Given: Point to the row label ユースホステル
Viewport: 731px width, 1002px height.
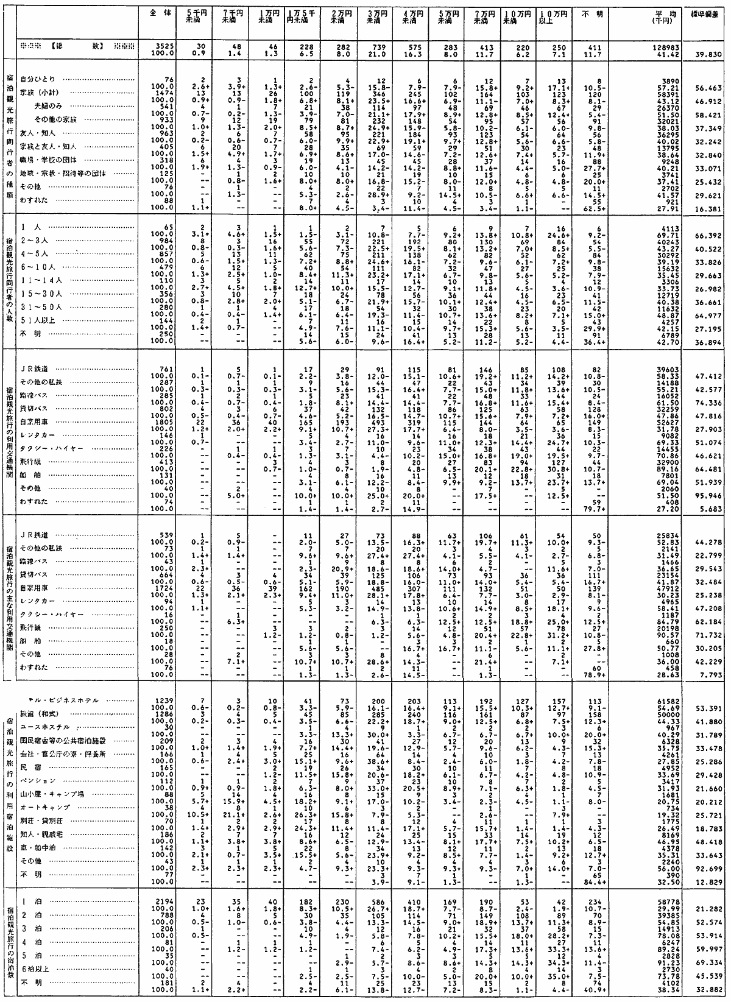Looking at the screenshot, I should point(46,727).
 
